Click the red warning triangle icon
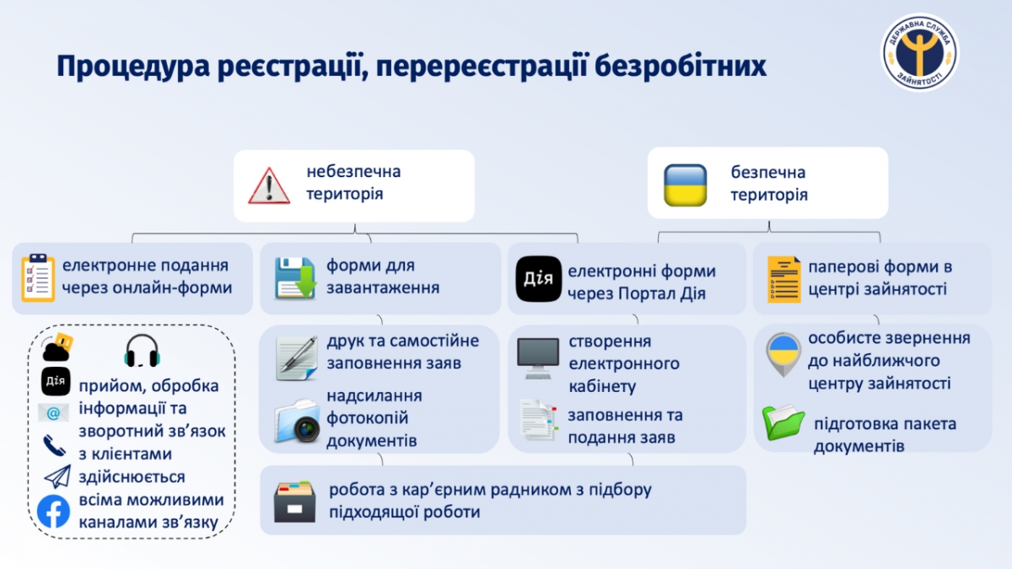(269, 185)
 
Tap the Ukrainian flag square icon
(685, 185)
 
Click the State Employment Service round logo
(920, 52)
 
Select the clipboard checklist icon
(38, 277)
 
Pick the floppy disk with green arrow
(295, 278)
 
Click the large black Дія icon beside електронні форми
(539, 279)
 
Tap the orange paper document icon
(783, 280)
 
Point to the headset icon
(142, 351)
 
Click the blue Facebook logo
(53, 512)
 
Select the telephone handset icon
(54, 446)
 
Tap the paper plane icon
(57, 477)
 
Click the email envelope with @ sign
(53, 413)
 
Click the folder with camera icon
(297, 421)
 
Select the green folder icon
(783, 422)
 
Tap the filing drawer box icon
(294, 502)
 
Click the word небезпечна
(353, 172)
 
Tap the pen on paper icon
(296, 358)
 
